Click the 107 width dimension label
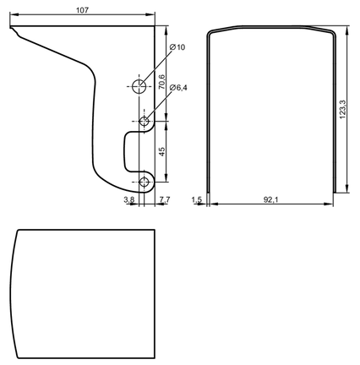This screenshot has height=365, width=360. coord(82,10)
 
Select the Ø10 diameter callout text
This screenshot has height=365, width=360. coord(177,47)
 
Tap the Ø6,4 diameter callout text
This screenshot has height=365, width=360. coord(178,88)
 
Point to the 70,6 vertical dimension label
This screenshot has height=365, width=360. coord(161,82)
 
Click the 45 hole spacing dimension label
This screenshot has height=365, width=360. coord(162,151)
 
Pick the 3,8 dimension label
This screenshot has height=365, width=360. coord(129,199)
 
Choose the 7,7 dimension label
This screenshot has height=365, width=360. coord(165,199)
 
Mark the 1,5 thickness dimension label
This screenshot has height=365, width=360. coord(197,199)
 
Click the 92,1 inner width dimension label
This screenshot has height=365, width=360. coord(270,199)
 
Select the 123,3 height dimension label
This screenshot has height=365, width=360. coord(342,109)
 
